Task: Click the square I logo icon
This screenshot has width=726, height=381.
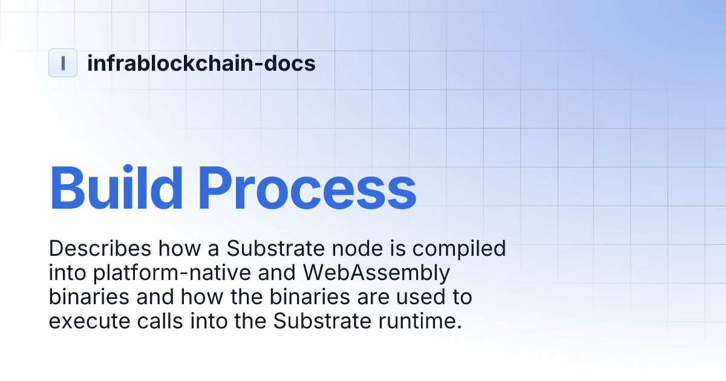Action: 63,63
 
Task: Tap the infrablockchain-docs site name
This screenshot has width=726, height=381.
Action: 201,63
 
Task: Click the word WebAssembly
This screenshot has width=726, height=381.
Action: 376,273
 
